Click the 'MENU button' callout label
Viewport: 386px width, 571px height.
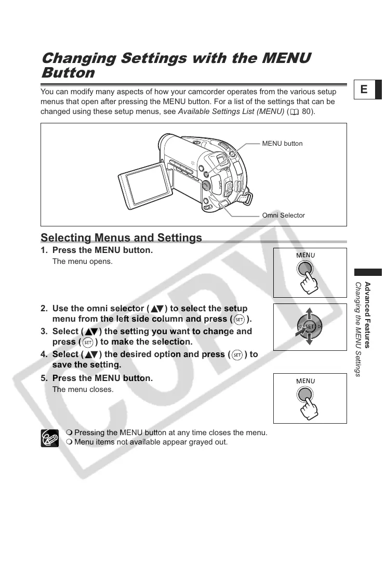pyautogui.click(x=282, y=143)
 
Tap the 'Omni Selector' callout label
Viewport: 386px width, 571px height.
pyautogui.click(x=284, y=215)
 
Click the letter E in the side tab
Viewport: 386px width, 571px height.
pyautogui.click(x=364, y=90)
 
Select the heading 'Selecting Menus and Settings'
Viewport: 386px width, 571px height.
pyautogui.click(x=121, y=238)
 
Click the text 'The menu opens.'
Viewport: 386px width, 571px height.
pyautogui.click(x=83, y=261)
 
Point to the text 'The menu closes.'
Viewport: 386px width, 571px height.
pyautogui.click(x=83, y=389)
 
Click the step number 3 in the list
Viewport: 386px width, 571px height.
pyautogui.click(x=44, y=332)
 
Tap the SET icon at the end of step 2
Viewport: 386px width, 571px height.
pyautogui.click(x=239, y=319)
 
